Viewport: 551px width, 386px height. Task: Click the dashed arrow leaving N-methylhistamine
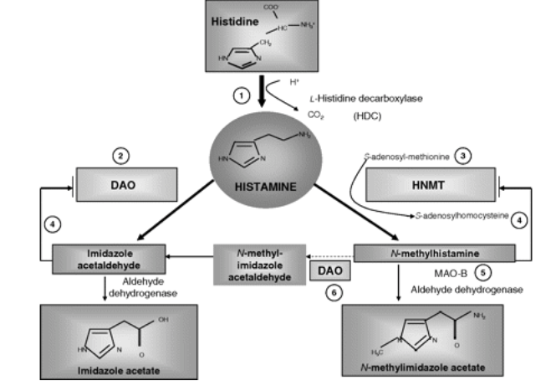tap(327, 251)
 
